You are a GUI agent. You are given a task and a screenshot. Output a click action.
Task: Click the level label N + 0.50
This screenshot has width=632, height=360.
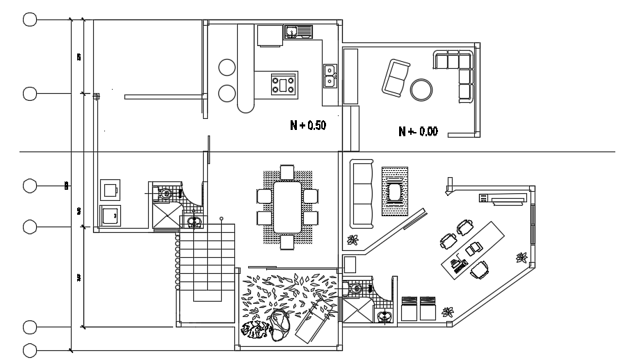pos(308,126)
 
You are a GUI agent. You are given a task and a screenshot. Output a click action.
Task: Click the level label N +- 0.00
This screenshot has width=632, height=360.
pos(418,131)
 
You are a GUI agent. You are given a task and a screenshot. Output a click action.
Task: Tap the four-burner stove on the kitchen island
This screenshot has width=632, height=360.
pos(284,84)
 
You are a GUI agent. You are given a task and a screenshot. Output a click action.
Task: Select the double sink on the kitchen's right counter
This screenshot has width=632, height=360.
pos(330,75)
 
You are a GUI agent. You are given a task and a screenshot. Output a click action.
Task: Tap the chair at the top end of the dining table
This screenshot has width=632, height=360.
pos(287,172)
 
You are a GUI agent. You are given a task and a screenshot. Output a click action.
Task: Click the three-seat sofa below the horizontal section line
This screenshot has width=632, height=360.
pos(362,195)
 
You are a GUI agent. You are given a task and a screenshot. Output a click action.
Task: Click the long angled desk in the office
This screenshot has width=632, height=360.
pos(473,247)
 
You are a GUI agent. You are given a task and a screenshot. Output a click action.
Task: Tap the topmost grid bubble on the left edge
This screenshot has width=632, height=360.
pos(30,19)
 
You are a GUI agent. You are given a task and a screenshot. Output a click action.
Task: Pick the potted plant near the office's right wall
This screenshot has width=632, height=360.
pos(519,259)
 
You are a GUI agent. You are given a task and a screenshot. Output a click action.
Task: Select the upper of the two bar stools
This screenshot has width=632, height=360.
pos(227,67)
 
